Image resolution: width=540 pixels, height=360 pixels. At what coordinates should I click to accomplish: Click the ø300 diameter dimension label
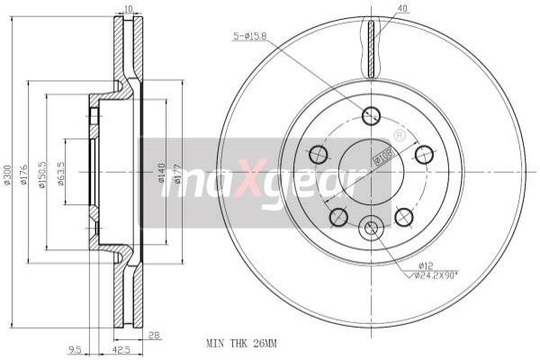click(8, 175)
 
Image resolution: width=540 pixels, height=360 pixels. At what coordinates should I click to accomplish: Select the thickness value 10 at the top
click(128, 9)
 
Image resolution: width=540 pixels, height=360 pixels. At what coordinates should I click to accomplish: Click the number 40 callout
click(401, 10)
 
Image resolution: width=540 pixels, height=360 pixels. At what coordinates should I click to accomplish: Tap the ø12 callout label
click(424, 265)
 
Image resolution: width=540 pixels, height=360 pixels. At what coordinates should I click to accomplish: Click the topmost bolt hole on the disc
click(371, 115)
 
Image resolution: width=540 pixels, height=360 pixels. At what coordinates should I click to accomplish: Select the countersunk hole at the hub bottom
click(371, 230)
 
